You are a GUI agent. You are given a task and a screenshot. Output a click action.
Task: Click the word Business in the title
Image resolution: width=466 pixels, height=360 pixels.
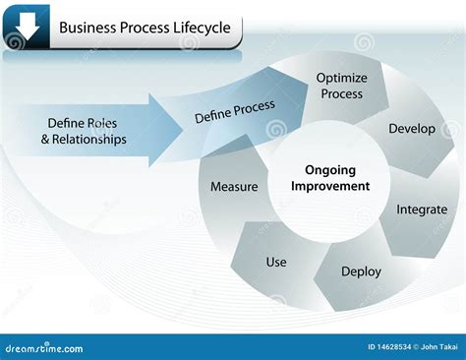(87, 28)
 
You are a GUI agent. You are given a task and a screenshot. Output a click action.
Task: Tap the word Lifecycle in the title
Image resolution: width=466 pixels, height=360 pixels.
(202, 28)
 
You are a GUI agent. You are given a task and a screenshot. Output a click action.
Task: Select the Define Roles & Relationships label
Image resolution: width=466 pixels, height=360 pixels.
(84, 131)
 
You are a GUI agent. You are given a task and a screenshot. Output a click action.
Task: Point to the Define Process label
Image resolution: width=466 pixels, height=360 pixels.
(235, 111)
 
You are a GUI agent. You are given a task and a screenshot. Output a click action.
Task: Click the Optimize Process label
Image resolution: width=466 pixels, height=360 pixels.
(341, 86)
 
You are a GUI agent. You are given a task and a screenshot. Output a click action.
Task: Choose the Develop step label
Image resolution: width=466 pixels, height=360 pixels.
(412, 129)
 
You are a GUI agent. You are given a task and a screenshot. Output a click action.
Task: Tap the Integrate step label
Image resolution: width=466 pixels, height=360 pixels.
(422, 210)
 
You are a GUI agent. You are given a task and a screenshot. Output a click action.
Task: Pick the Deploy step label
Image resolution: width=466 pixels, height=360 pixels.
(361, 271)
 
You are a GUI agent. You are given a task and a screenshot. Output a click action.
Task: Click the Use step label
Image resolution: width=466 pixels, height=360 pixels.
(276, 262)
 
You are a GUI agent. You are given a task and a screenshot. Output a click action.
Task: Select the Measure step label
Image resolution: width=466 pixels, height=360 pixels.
(234, 187)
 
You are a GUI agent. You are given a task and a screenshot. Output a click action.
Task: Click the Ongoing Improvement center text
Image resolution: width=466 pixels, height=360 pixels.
(330, 178)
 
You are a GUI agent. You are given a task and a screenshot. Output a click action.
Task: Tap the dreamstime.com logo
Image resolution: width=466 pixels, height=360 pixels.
(44, 348)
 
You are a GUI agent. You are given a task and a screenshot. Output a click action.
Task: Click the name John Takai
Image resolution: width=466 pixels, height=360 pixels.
(439, 347)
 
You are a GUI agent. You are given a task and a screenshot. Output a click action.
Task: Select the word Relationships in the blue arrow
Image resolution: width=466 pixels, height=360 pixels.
(89, 140)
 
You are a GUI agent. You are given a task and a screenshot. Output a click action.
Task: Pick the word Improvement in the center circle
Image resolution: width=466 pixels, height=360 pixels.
(330, 186)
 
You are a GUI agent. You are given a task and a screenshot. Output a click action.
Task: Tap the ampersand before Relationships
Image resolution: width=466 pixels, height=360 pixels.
(45, 139)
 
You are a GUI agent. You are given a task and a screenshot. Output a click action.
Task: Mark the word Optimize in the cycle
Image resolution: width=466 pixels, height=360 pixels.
(341, 79)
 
